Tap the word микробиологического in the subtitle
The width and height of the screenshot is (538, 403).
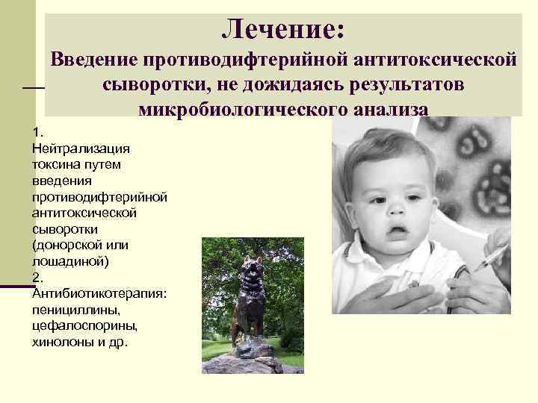pyautogui.click(x=239, y=109)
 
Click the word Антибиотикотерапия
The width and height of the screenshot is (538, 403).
pyautogui.click(x=99, y=293)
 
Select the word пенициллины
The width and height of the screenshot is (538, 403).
pyautogui.click(x=71, y=309)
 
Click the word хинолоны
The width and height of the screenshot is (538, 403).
pyautogui.click(x=65, y=342)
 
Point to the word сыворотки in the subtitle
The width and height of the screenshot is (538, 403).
pyautogui.click(x=155, y=84)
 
